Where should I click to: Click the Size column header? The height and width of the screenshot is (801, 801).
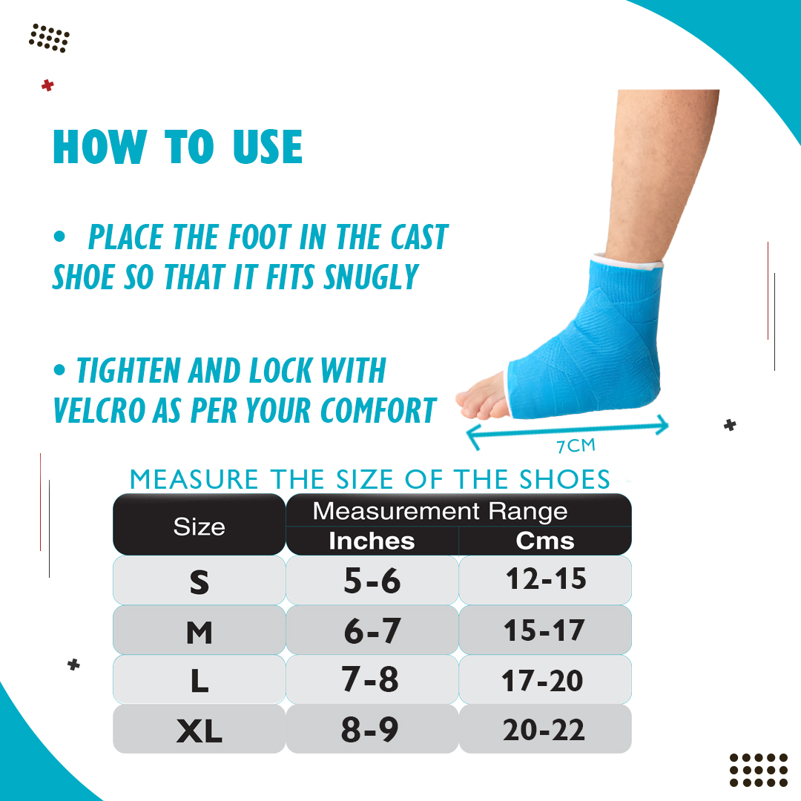click(200, 526)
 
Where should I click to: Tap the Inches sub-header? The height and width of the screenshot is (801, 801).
click(372, 541)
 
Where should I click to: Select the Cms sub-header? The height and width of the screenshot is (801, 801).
click(544, 541)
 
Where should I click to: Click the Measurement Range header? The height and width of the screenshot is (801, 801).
click(440, 511)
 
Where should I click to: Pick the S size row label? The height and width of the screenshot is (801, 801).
click(200, 582)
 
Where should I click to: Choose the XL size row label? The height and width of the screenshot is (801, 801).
click(200, 731)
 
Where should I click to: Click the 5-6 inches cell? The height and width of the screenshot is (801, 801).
click(372, 580)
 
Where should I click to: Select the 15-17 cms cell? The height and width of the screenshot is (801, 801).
click(544, 630)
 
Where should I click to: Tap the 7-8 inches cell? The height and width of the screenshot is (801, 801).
click(370, 679)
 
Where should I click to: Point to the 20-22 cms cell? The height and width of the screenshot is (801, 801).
click(544, 730)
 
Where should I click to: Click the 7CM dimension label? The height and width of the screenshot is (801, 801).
click(576, 446)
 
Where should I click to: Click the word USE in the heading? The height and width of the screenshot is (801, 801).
click(268, 147)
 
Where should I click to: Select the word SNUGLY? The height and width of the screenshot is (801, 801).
click(372, 277)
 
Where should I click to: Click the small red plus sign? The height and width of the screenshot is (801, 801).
click(47, 85)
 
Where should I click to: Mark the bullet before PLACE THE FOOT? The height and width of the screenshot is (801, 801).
click(59, 237)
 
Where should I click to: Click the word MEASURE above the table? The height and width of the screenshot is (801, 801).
click(194, 479)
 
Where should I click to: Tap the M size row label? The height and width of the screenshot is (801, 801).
click(200, 633)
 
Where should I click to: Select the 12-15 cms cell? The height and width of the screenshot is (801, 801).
click(546, 578)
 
